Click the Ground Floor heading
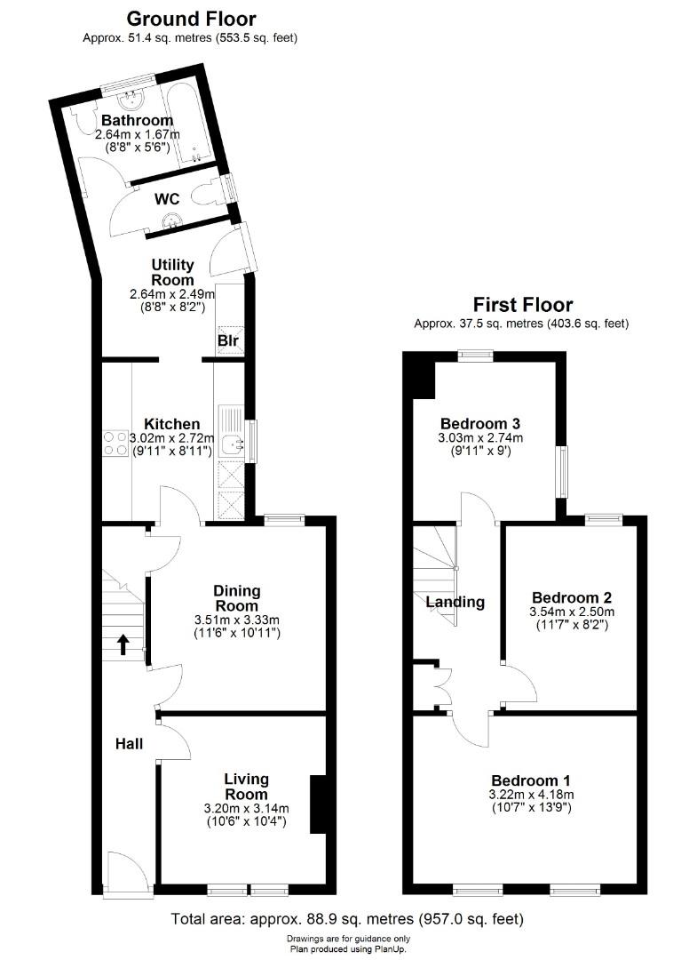191,18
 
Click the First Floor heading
522,305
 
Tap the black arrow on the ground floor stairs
123,644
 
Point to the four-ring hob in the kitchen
115,443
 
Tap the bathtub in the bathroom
199,124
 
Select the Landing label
455,602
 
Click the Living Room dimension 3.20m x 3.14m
246,808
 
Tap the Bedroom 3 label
479,423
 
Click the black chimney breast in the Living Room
316,804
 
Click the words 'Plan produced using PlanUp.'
348,948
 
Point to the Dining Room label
236,598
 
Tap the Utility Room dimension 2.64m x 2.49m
172,293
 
